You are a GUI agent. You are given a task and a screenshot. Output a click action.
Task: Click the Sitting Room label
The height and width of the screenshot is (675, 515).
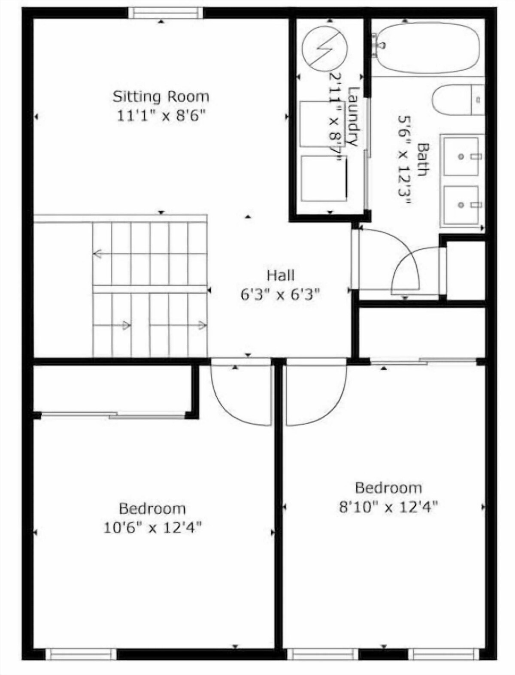click(161, 97)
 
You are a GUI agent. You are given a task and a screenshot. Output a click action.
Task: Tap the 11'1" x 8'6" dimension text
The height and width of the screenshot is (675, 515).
click(161, 117)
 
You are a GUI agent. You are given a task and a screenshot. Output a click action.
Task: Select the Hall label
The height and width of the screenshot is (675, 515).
click(280, 275)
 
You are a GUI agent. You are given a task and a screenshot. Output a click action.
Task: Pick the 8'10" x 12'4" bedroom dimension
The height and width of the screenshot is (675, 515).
click(388, 506)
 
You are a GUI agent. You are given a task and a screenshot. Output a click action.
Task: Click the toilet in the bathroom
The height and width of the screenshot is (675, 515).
click(458, 100)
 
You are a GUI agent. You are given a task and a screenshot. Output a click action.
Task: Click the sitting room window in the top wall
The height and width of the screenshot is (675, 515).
click(166, 13)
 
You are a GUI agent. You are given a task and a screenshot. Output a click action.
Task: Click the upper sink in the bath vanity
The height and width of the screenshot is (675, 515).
click(461, 156)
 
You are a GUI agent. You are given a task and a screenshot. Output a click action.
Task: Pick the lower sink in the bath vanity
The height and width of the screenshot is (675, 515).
click(461, 205)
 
